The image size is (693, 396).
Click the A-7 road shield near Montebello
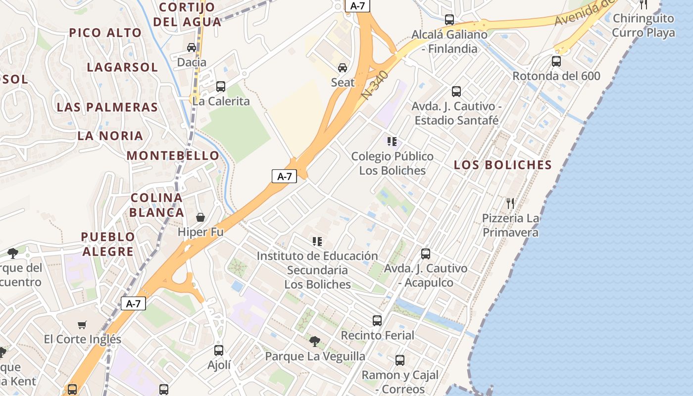click(x=284, y=176)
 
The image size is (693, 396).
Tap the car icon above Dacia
click(x=192, y=48)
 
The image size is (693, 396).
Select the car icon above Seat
click(x=343, y=67)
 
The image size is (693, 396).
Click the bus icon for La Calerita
click(x=221, y=87)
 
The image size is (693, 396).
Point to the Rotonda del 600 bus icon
click(x=556, y=61)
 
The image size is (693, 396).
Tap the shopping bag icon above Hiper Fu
click(x=200, y=217)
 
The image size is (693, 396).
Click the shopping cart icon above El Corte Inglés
click(x=82, y=325)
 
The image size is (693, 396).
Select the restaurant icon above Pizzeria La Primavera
click(x=510, y=203)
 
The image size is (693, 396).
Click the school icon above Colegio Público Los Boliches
click(x=392, y=142)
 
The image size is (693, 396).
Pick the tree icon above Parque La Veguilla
click(x=314, y=341)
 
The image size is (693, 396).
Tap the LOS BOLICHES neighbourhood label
click(x=503, y=165)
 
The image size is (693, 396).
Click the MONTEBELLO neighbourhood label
click(x=173, y=155)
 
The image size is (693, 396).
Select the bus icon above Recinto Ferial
click(x=377, y=321)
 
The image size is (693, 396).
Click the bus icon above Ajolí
click(x=219, y=350)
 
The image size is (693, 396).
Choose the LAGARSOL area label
click(x=122, y=67)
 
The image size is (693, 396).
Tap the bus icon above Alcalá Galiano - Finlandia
click(x=449, y=20)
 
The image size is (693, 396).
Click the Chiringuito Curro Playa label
click(x=643, y=25)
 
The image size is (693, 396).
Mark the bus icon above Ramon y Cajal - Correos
click(x=400, y=360)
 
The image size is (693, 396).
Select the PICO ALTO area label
click(x=105, y=33)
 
